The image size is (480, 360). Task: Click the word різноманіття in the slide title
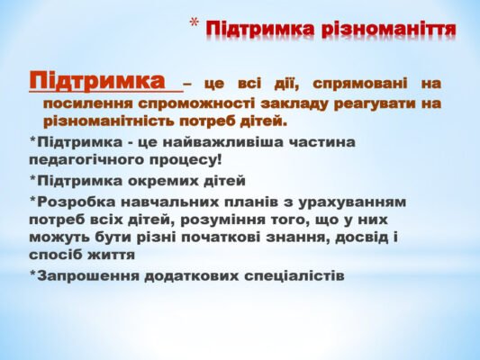(x=393, y=29)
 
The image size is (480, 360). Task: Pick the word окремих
(x=158, y=180)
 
